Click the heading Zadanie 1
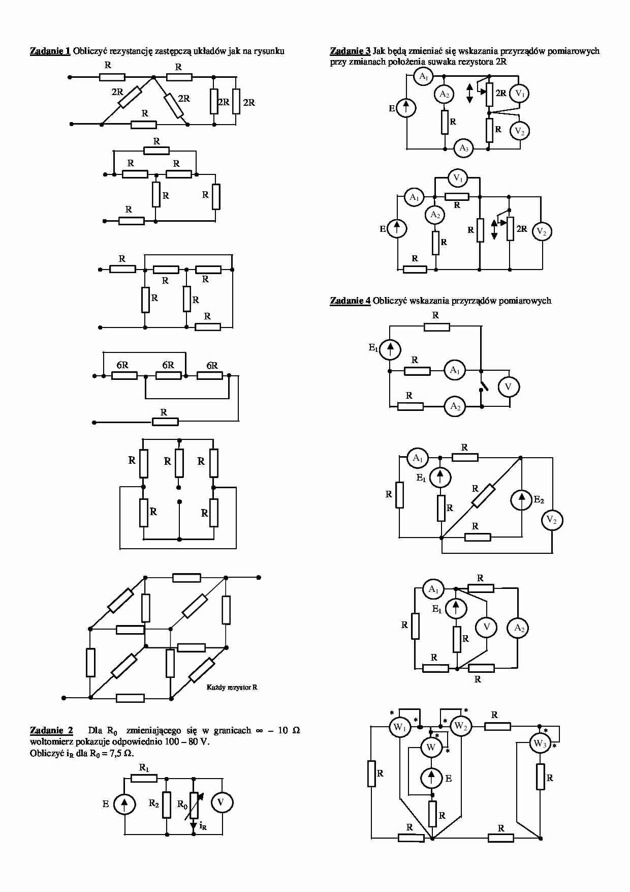point(50,51)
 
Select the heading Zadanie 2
point(51,730)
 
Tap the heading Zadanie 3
point(350,51)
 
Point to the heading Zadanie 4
point(350,301)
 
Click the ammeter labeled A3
point(463,148)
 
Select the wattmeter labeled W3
point(539,744)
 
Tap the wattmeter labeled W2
point(460,726)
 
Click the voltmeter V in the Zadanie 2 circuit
point(222,802)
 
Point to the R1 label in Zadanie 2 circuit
point(144,767)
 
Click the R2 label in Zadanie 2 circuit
point(154,804)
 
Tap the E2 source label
point(539,500)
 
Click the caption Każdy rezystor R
point(232,687)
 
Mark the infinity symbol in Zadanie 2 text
point(259,731)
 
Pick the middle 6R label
point(168,365)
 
